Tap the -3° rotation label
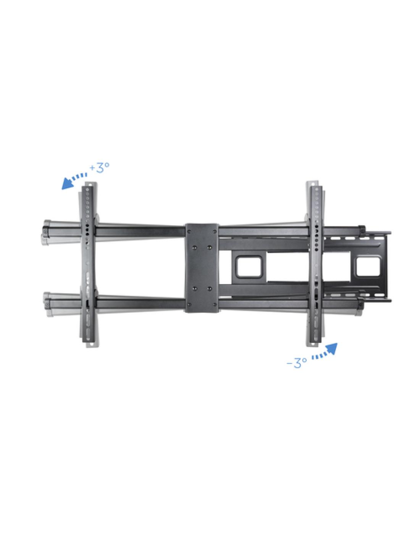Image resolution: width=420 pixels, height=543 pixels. coord(297,362)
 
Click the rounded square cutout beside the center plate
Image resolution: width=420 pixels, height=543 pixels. coord(249,267)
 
